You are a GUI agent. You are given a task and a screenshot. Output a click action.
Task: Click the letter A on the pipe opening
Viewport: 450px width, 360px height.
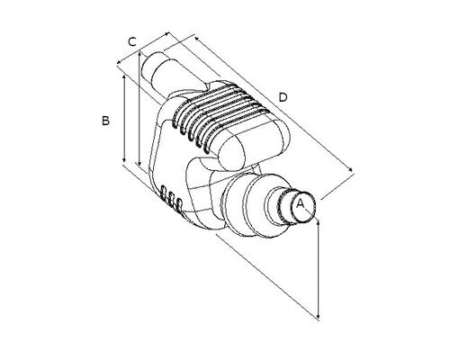301,204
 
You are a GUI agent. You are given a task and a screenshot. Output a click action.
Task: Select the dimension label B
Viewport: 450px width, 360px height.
105,121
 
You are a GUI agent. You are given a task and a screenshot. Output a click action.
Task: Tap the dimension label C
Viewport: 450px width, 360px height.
132,41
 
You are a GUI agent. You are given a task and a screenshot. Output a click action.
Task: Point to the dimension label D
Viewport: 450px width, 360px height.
283,97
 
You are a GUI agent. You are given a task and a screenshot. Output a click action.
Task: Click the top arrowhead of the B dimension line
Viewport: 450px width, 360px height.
124,76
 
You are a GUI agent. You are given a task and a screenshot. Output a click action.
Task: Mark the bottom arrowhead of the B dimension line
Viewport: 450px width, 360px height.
124,161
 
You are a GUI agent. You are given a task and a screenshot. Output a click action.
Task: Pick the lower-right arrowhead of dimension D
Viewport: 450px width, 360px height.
350,169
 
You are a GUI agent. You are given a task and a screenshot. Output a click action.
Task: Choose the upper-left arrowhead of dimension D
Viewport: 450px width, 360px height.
197,39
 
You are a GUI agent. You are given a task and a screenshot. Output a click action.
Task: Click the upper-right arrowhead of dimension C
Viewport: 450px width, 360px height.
167,34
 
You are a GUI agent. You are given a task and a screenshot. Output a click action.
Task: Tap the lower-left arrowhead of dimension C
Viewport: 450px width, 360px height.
119,62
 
